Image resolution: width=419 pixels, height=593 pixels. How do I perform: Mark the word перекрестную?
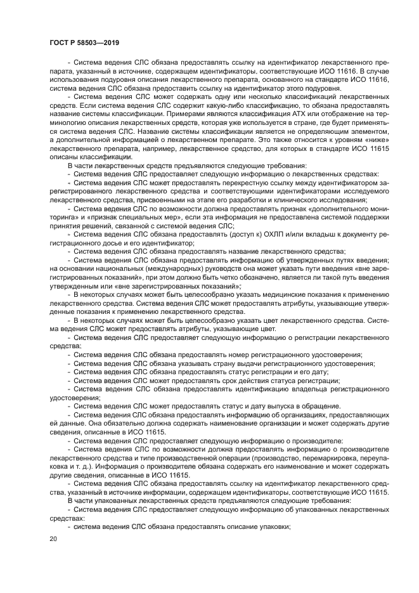[218, 182]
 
